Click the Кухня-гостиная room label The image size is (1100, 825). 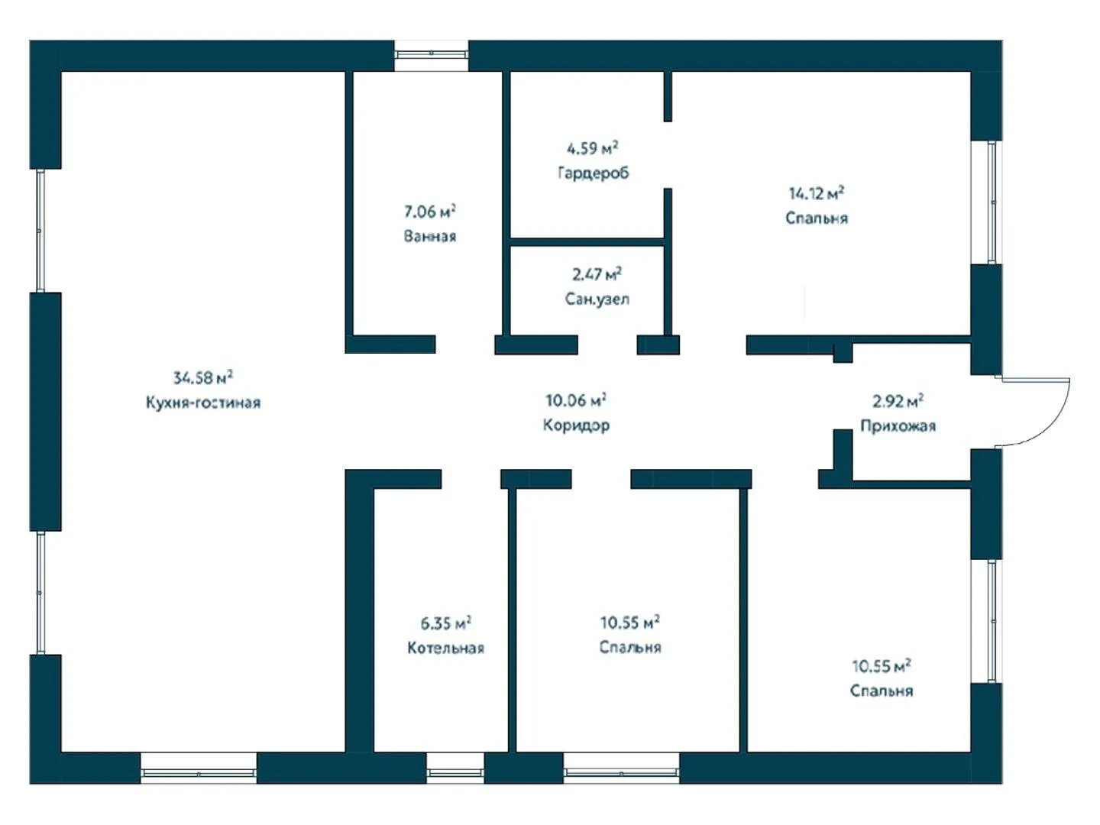203,403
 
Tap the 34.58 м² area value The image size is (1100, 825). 203,377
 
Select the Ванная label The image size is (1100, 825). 430,236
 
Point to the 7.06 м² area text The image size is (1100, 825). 430,212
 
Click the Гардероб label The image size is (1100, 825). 594,173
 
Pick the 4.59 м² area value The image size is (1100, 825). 593,148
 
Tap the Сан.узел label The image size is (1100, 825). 597,299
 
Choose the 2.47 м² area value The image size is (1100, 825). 597,274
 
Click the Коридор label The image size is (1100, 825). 576,425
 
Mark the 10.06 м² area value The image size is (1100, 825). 576,400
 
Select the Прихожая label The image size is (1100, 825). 898,426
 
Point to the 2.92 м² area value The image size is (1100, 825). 898,401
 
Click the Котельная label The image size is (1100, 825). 445,649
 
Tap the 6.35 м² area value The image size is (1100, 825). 445,623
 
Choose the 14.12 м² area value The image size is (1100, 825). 817,193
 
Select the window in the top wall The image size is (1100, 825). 431,56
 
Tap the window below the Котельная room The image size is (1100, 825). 455,768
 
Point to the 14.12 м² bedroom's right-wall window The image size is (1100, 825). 987,202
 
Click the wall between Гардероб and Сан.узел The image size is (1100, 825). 587,242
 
